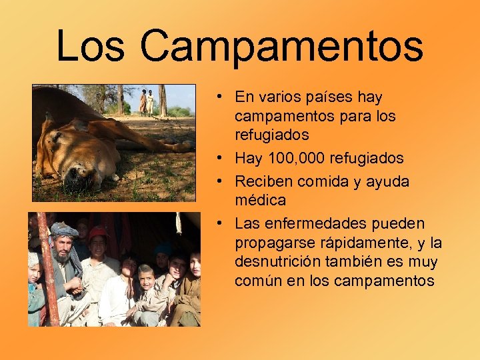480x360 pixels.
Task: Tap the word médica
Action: (260, 200)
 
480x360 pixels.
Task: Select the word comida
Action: (319, 181)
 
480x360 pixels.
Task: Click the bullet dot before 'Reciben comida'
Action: (219, 181)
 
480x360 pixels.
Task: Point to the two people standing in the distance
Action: (146, 102)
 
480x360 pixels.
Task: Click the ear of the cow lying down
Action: (48, 125)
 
